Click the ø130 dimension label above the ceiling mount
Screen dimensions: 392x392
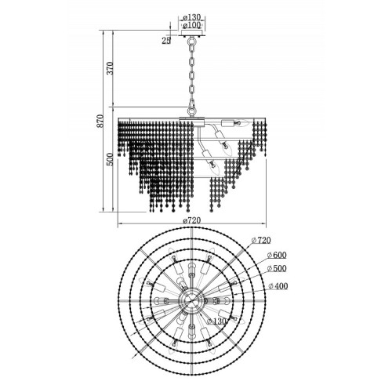pyautogui.click(x=192, y=18)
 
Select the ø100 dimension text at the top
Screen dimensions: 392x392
pyautogui.click(x=192, y=25)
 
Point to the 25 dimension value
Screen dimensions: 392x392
pyautogui.click(x=166, y=41)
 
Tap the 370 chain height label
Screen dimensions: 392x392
pyautogui.click(x=111, y=68)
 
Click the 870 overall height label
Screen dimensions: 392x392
pyautogui.click(x=100, y=121)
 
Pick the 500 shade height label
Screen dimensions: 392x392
pyautogui.click(x=111, y=159)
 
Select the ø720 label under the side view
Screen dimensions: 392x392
pyautogui.click(x=192, y=220)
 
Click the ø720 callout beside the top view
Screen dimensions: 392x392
pyautogui.click(x=261, y=240)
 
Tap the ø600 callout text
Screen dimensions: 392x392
pyautogui.click(x=277, y=255)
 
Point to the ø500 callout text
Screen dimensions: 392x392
pyautogui.click(x=277, y=268)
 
